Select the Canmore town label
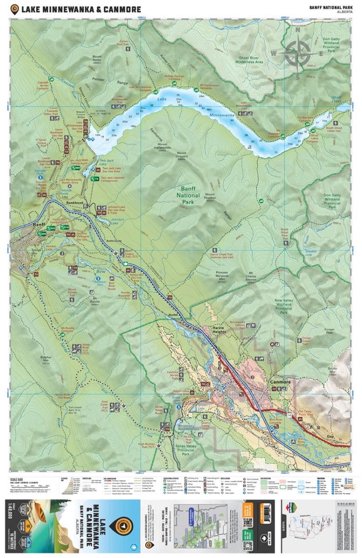pos(280,382)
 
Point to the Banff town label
pos(40,225)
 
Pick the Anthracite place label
pos(113,240)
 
